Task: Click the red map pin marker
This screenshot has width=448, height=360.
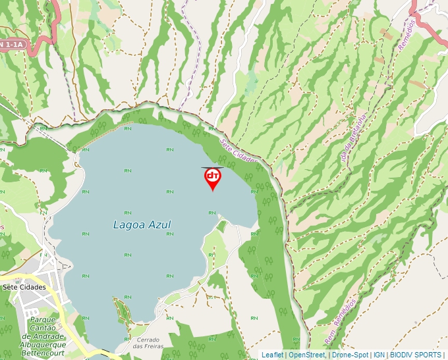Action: (212, 178)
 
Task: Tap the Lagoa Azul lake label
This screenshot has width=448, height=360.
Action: (142, 225)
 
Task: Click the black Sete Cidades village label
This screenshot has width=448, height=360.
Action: (24, 288)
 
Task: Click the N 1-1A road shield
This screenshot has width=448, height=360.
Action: (12, 44)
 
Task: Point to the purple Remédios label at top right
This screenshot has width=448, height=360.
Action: (406, 34)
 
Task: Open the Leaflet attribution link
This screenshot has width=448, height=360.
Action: (272, 355)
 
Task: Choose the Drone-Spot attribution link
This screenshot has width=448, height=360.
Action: (350, 355)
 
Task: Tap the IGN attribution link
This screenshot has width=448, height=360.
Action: (379, 355)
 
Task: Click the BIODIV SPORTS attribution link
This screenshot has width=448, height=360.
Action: (415, 355)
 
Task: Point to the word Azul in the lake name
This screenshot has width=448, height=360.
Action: (159, 225)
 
